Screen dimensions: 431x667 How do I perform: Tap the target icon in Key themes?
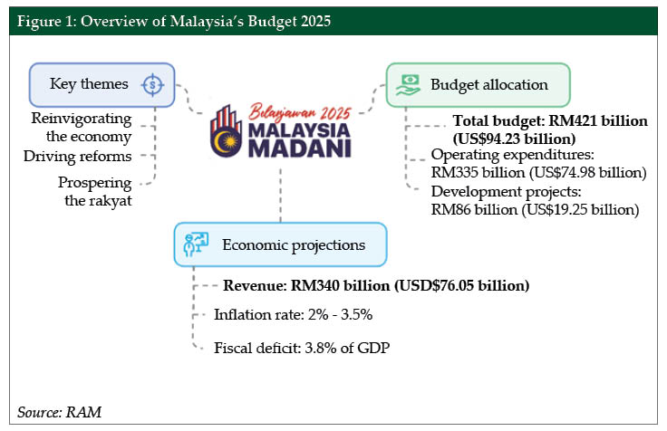(x=153, y=84)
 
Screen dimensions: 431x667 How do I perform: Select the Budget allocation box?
(x=478, y=84)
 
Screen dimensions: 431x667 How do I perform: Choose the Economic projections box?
(x=280, y=244)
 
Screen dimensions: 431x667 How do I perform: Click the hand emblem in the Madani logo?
(x=227, y=129)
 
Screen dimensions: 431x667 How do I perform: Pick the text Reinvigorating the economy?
(x=82, y=128)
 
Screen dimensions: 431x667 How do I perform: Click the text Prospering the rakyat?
(x=94, y=191)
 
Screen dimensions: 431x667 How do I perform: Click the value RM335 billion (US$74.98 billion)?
(x=538, y=172)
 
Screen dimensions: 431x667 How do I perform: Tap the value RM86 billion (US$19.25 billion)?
(x=536, y=209)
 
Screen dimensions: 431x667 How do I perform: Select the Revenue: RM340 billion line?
(x=375, y=285)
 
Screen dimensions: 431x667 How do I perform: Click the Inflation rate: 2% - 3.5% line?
(x=293, y=315)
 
